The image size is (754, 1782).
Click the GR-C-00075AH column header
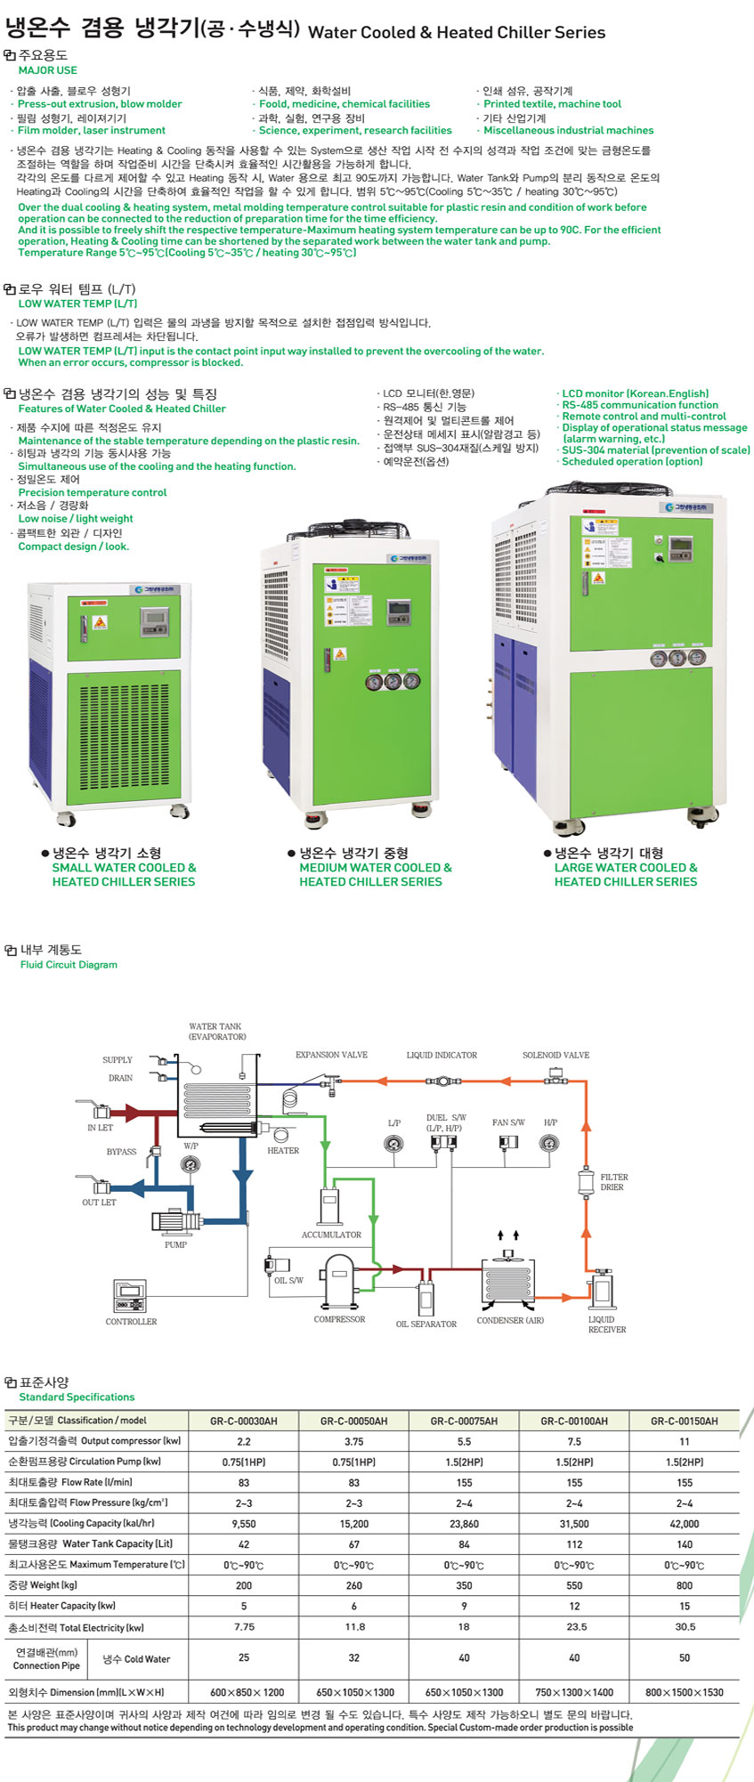click(x=464, y=1421)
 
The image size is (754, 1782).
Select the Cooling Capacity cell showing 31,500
click(x=574, y=1523)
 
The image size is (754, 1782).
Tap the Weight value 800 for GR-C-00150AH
click(x=684, y=1585)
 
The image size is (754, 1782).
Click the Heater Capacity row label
click(x=62, y=1606)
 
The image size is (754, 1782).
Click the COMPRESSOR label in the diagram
click(x=339, y=1319)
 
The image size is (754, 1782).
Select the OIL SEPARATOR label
click(x=426, y=1324)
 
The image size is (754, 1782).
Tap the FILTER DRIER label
click(x=613, y=1182)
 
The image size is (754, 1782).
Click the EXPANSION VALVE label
click(x=331, y=1055)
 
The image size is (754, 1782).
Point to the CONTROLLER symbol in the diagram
click(x=129, y=1296)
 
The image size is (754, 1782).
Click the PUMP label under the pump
click(x=175, y=1244)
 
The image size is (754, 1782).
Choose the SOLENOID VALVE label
click(x=555, y=1055)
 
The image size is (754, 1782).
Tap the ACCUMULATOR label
click(x=331, y=1235)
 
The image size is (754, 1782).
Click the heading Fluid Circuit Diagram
click(x=69, y=965)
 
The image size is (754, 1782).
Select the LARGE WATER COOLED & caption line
click(x=626, y=868)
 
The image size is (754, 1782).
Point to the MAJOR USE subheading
click(x=47, y=70)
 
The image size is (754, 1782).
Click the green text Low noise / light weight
click(x=76, y=519)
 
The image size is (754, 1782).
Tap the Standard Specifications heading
click(x=77, y=1397)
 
